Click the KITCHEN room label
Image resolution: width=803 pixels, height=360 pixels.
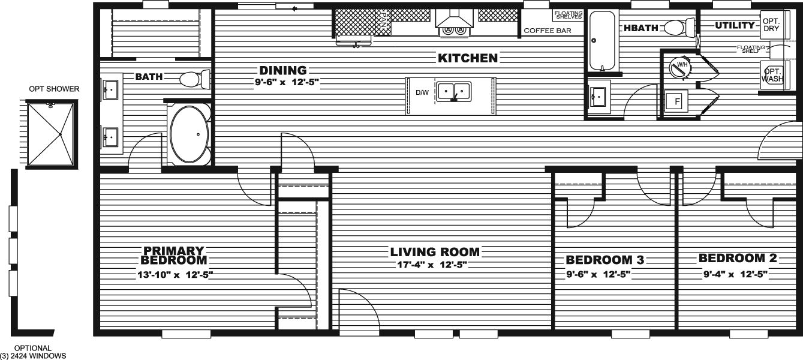tap(468, 58)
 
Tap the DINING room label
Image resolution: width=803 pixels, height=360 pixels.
tap(282, 71)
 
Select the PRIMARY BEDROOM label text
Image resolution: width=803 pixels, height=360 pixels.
tap(173, 256)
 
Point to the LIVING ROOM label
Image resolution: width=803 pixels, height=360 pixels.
tap(435, 252)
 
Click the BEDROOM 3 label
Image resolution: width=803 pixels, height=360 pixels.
tap(605, 260)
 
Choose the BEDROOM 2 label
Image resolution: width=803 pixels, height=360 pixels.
tap(738, 259)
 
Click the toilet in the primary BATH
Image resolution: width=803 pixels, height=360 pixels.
tap(195, 79)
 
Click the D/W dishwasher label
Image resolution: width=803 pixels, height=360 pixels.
tap(422, 92)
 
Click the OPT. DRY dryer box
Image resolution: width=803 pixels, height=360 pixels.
tap(770, 25)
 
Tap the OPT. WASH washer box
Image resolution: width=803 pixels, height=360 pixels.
tap(770, 74)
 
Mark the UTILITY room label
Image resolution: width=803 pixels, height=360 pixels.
tap(735, 26)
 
